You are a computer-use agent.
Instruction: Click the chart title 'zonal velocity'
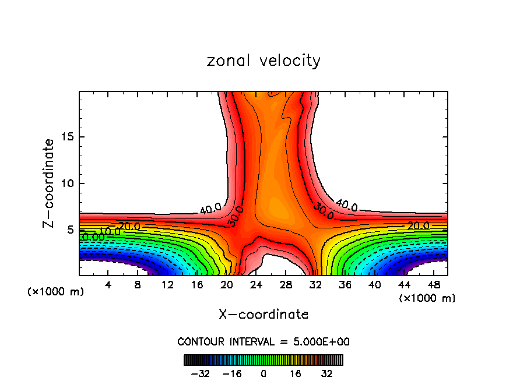[263, 61]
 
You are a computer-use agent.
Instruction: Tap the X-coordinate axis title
[263, 315]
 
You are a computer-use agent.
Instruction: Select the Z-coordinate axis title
[49, 184]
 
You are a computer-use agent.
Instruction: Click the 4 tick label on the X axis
[108, 285]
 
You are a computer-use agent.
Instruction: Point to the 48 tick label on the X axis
[433, 285]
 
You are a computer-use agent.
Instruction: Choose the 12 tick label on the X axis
[167, 285]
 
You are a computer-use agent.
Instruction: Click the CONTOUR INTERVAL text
[263, 341]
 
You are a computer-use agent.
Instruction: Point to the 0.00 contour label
[93, 237]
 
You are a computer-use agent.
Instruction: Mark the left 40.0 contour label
[210, 209]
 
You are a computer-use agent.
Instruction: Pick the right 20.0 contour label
[418, 226]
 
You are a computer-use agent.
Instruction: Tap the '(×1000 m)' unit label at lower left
[56, 292]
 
